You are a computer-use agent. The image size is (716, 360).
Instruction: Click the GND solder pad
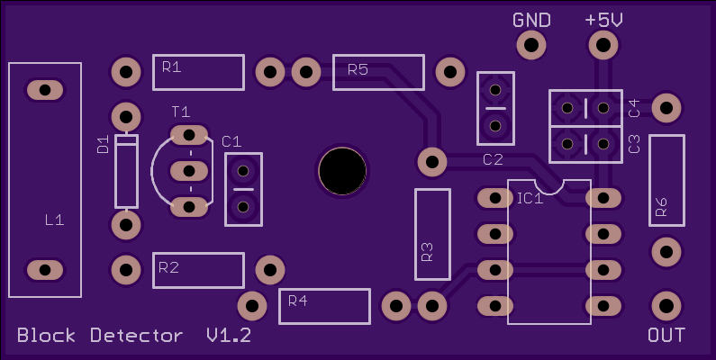tap(531, 45)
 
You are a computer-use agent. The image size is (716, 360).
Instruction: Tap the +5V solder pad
tap(603, 45)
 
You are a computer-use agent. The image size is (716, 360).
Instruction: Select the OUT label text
tap(666, 336)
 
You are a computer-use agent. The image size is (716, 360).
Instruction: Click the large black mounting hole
tap(342, 171)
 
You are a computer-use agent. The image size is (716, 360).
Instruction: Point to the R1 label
tap(172, 67)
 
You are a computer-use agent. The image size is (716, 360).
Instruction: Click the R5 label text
tap(358, 69)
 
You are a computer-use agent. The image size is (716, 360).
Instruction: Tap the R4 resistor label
tap(298, 301)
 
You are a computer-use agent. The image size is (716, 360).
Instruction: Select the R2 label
tap(168, 268)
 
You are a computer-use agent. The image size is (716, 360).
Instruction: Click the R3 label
tap(428, 251)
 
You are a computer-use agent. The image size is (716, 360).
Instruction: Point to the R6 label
tap(661, 207)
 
